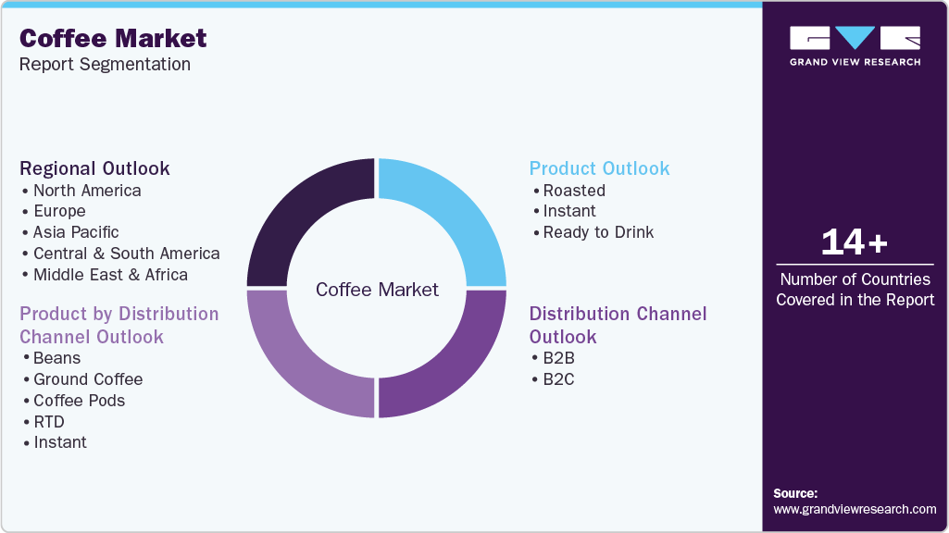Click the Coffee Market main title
113,38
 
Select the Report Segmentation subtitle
105,64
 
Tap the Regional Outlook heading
94,168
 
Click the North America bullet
87,191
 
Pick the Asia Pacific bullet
76,232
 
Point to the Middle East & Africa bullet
110,275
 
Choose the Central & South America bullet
126,254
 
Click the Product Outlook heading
599,168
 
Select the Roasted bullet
574,191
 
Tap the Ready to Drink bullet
598,232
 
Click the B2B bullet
558,358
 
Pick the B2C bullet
558,379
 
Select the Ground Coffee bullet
88,379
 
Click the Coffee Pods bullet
79,401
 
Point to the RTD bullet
49,422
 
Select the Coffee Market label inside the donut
377,290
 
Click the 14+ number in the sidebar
855,242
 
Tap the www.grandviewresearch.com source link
855,509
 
